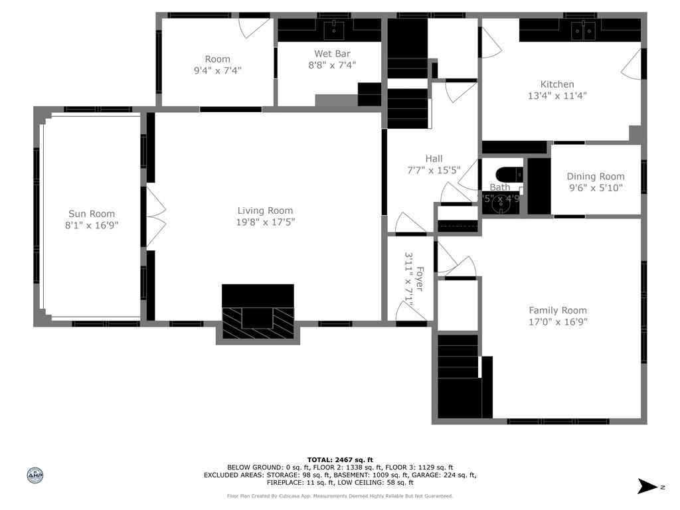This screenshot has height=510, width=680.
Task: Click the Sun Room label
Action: point(92,214)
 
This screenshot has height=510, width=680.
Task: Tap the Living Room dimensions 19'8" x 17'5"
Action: point(265,222)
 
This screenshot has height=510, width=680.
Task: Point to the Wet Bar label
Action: point(332,54)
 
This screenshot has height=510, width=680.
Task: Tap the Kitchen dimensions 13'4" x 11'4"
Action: point(556,96)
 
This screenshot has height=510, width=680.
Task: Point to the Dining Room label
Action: point(595,177)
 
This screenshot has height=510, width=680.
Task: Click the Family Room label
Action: point(557,310)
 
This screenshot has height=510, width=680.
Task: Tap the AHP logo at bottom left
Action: point(35,475)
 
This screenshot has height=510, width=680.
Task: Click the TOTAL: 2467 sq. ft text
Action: point(340,460)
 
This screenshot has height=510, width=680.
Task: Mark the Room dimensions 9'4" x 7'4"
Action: point(217,70)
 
